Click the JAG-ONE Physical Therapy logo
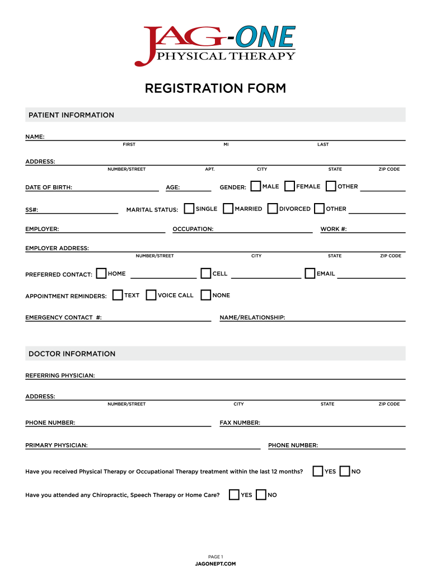click(x=215, y=45)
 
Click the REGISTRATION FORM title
click(x=215, y=88)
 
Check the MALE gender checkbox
click(x=256, y=186)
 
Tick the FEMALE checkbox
click(x=290, y=186)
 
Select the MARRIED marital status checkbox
click(x=228, y=208)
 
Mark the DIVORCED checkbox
click(x=273, y=208)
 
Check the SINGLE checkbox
click(x=189, y=208)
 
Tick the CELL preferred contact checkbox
click(x=206, y=273)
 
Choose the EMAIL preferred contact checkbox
click(x=310, y=273)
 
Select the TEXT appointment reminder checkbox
click(x=118, y=295)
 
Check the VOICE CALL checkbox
click(x=151, y=295)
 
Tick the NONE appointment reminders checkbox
click(x=206, y=295)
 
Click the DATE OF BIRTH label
click(x=49, y=187)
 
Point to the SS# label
click(x=31, y=210)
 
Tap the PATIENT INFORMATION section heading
click(x=71, y=115)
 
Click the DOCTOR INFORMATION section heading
click(x=72, y=354)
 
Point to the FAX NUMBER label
click(x=240, y=423)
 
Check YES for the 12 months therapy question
click(x=318, y=471)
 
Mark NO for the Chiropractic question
click(x=261, y=495)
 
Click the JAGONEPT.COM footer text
click(x=215, y=563)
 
